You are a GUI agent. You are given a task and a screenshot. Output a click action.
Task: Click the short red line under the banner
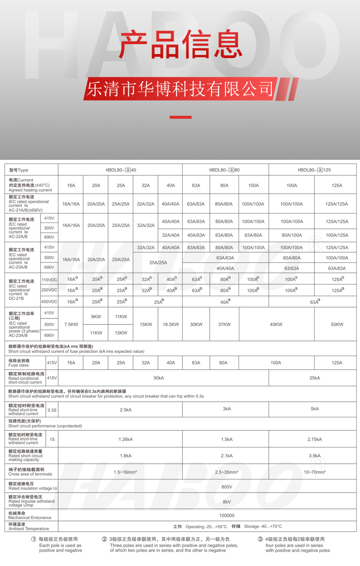click(x=180, y=118)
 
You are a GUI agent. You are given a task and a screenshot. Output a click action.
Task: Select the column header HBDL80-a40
click(x=121, y=170)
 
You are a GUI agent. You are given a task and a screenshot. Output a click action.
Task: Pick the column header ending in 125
click(x=314, y=170)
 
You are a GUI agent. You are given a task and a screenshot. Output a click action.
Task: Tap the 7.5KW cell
click(x=71, y=324)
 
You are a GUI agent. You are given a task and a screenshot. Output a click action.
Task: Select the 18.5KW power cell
click(x=171, y=324)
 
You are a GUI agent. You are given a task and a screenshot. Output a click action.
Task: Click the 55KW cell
click(x=337, y=324)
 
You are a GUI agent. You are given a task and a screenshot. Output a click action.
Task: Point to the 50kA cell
click(x=158, y=378)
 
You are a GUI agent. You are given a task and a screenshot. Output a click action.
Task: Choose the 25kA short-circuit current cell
click(x=315, y=378)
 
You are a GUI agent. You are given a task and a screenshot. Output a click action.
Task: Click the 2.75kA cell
click(x=315, y=439)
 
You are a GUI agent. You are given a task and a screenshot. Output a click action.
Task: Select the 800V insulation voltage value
click(x=227, y=487)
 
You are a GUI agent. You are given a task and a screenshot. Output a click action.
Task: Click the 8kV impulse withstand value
click(x=227, y=501)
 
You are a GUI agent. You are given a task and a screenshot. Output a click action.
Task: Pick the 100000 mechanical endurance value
click(x=227, y=516)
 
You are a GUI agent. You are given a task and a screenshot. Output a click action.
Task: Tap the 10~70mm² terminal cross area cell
click(x=315, y=472)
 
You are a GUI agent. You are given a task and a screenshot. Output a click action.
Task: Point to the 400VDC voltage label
click(x=49, y=302)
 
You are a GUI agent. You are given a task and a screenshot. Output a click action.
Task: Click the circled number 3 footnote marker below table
click(x=260, y=539)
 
